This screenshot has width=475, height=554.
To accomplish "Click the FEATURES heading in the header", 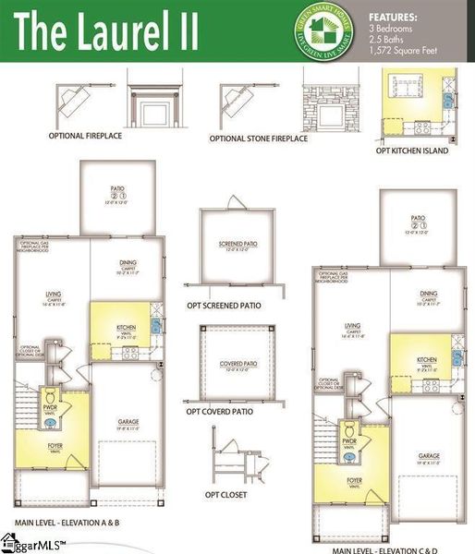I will pos(392,17).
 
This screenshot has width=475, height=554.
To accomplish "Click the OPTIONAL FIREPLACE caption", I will pos(85,137).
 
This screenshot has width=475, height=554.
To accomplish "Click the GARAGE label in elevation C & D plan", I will pos(428,455).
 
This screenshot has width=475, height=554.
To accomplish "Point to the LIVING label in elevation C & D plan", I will pos(351,326).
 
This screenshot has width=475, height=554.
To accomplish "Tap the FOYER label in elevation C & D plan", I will pos(354,480).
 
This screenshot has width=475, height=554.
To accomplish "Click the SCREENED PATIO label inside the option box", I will pos(237,245).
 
